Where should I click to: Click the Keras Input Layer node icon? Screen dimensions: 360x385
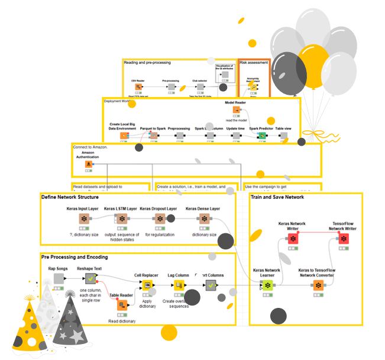[84, 219]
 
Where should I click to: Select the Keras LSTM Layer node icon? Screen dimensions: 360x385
[122, 219]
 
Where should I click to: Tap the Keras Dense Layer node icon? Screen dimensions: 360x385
[203, 219]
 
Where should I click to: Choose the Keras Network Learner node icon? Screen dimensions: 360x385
[267, 285]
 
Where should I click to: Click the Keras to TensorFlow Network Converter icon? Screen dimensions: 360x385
[318, 285]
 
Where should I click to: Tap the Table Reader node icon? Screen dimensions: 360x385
[122, 305]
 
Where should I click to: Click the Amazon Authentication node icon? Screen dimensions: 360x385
[89, 164]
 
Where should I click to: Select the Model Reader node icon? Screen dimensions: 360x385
[235, 111]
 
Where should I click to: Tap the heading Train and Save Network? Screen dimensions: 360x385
[277, 197]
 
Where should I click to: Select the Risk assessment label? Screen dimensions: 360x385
[254, 62]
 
